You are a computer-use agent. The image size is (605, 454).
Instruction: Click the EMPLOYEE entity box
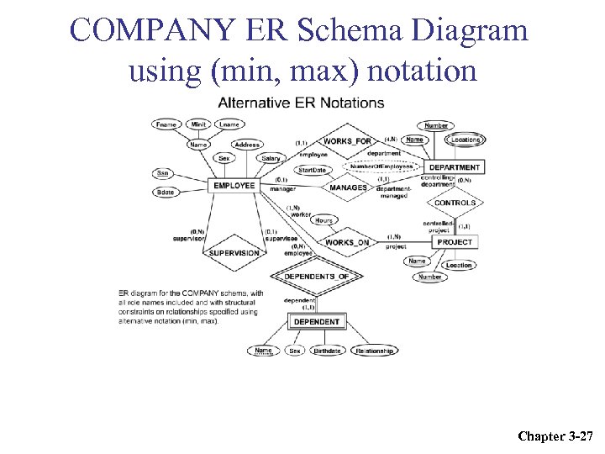(234, 185)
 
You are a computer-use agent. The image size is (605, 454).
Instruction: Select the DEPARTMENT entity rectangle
(454, 166)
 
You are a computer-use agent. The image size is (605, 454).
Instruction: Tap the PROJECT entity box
(455, 242)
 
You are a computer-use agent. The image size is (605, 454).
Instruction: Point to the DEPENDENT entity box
(317, 321)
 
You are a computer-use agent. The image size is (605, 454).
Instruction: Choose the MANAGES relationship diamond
(348, 187)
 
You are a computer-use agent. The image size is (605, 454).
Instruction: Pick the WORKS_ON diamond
(346, 243)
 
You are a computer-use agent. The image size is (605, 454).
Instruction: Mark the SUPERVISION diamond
(234, 252)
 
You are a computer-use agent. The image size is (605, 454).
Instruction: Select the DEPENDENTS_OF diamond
(316, 277)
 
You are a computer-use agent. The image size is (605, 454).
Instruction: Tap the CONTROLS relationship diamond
(455, 203)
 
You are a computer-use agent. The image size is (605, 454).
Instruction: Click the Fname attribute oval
(167, 124)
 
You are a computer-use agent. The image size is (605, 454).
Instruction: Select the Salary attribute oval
(271, 158)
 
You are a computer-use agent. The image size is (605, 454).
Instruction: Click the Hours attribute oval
(324, 220)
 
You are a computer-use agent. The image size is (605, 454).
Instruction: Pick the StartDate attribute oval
(312, 170)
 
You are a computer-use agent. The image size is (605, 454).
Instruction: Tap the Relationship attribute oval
(374, 351)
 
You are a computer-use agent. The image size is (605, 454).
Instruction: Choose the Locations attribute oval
(464, 140)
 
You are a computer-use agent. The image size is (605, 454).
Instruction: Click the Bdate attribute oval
(166, 193)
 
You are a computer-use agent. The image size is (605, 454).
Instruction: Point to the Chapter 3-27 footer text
(555, 436)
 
